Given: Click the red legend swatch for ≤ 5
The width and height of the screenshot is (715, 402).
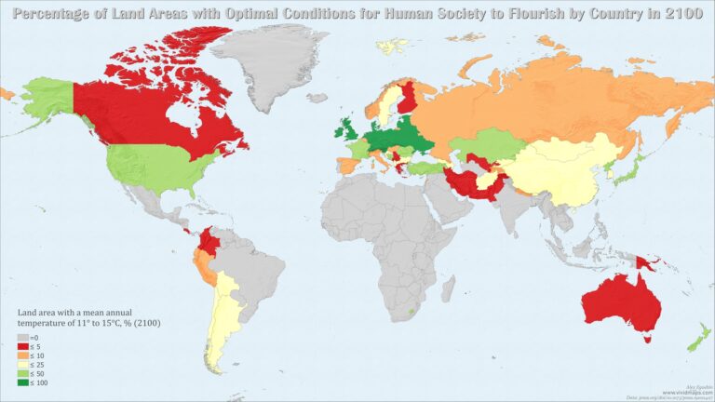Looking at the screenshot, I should click(x=21, y=345).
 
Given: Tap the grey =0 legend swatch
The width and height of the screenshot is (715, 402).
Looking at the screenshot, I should click(x=21, y=337).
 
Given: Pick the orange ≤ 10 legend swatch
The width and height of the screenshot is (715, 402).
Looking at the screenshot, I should click(x=21, y=354).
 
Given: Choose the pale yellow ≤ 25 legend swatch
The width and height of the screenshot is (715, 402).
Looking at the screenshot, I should click(x=21, y=363).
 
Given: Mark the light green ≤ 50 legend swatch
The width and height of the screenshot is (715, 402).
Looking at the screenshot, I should click(x=21, y=371).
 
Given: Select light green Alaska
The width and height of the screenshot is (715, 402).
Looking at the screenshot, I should click(x=47, y=98).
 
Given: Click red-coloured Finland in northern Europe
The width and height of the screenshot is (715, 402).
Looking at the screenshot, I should click(x=408, y=100).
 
